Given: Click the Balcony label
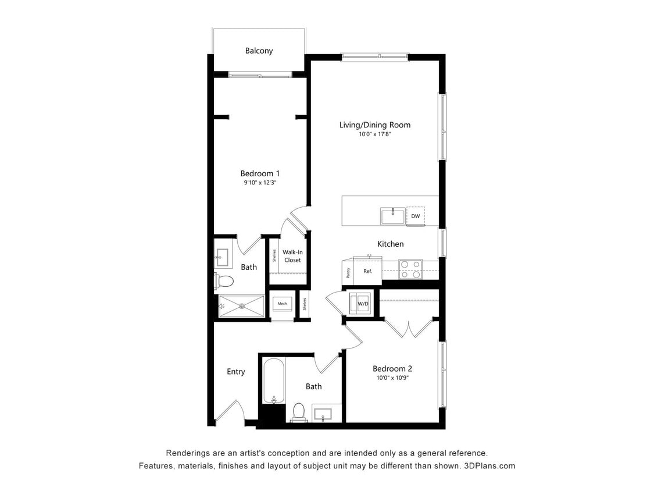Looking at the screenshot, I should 259,51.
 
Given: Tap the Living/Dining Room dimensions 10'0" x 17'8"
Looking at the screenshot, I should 374,134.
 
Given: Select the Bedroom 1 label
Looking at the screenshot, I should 260,173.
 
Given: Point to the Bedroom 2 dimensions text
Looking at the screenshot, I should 392,378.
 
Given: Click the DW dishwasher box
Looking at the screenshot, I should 415,216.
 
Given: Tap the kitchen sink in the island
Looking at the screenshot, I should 393,216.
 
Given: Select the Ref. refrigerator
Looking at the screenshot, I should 367,271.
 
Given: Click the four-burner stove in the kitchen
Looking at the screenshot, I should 410,269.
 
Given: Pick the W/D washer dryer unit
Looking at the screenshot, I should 362,304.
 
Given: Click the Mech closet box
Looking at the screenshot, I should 283,304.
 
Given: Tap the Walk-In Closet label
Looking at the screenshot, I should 292,256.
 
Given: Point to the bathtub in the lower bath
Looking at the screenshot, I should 274,381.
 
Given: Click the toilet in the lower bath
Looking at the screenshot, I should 299,411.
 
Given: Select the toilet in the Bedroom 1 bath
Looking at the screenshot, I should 224,282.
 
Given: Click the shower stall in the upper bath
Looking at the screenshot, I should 241,305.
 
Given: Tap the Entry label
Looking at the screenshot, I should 235,372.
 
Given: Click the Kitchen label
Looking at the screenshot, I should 390,244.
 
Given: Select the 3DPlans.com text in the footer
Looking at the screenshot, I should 489,465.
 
